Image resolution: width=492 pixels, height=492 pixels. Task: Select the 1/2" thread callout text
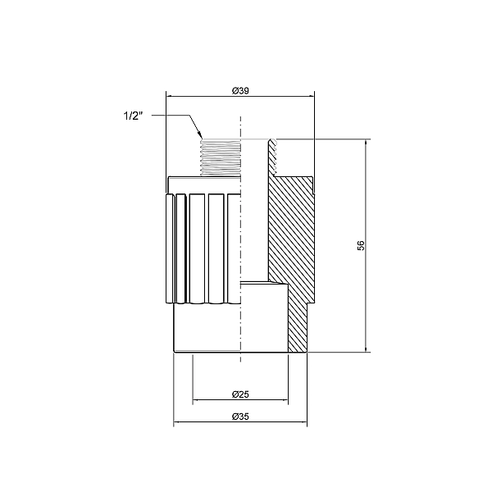132,116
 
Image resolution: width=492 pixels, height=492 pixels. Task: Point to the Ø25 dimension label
240,394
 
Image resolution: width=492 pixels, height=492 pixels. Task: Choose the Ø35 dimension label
240,417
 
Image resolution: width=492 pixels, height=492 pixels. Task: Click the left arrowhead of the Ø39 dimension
170,96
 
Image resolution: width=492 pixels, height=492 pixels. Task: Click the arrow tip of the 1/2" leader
200,135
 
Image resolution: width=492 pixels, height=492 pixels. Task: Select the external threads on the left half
221,156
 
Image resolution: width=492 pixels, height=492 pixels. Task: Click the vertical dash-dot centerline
240,246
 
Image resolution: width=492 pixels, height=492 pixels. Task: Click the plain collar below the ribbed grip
205,328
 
